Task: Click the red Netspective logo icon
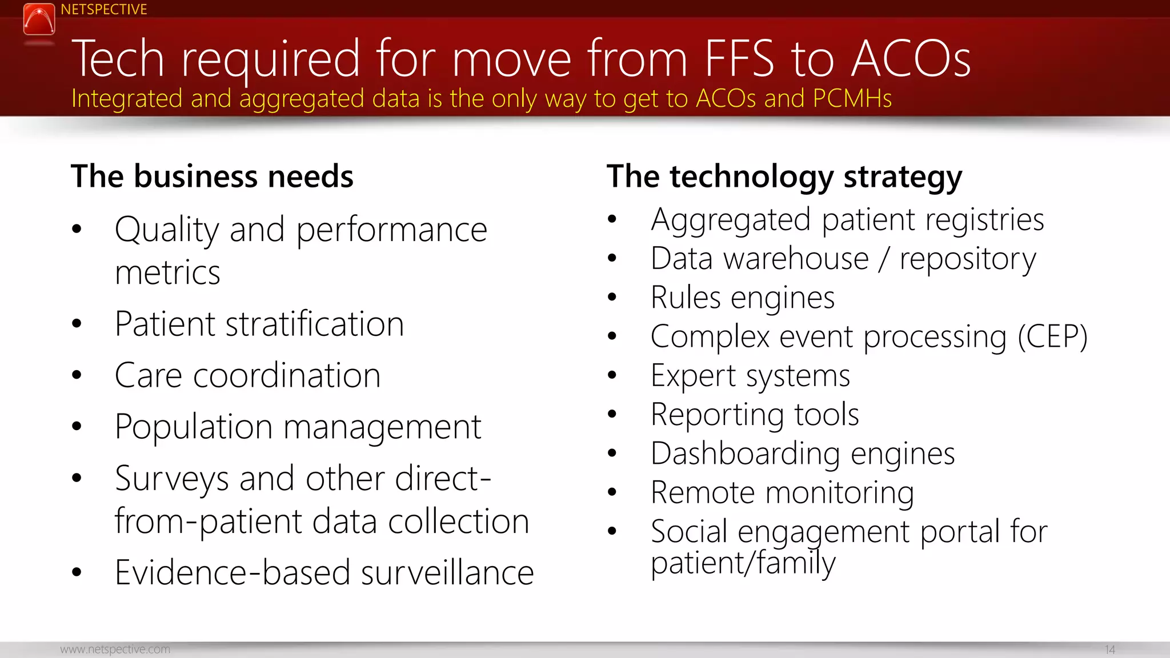[x=39, y=19]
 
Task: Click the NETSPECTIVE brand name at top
[x=103, y=10]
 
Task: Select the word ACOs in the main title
[x=911, y=59]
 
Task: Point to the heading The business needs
[x=212, y=176]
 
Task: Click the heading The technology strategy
[x=784, y=176]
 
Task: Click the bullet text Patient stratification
[x=259, y=324]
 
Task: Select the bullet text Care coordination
[x=247, y=376]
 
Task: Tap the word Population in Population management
[x=193, y=427]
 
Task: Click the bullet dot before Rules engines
[x=612, y=297]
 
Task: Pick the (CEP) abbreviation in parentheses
[x=1052, y=337]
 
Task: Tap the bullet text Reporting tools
[x=754, y=415]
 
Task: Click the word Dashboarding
[x=745, y=454]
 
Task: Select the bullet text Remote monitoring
[x=782, y=493]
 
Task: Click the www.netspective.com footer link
[x=115, y=649]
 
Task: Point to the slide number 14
[x=1109, y=650]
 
